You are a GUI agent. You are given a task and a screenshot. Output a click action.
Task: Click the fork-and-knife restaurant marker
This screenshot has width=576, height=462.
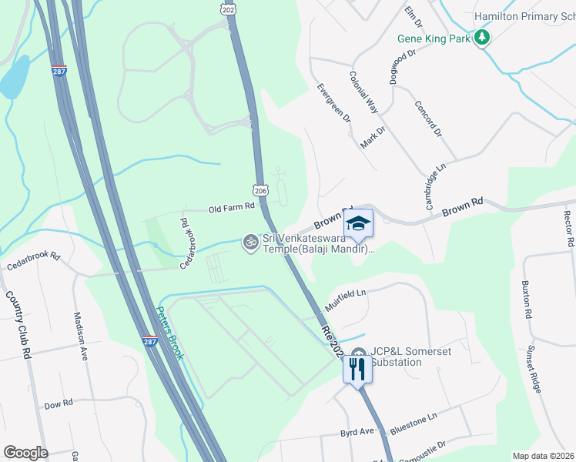[357, 368]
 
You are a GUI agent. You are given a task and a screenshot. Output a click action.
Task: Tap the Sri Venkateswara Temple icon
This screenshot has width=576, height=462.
[250, 242]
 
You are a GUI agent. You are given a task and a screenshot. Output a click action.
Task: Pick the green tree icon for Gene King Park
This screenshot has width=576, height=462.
[483, 38]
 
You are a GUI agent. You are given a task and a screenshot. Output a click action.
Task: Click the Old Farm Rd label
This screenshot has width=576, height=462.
[231, 208]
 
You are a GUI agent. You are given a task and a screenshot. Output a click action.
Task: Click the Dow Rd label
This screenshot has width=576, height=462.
[58, 404]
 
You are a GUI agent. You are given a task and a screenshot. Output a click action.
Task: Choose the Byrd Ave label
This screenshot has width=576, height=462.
[357, 433]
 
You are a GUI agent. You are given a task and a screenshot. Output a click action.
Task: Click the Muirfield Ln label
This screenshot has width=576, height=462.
[344, 298]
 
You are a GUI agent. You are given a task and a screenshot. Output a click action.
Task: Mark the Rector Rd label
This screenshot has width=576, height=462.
[569, 229]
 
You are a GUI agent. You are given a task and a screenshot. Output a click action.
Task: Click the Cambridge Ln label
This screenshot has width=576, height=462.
[436, 186]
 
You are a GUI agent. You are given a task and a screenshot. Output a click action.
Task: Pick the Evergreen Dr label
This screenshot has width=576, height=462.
[333, 103]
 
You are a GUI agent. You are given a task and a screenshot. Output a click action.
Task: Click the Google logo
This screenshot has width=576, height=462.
[25, 453]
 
